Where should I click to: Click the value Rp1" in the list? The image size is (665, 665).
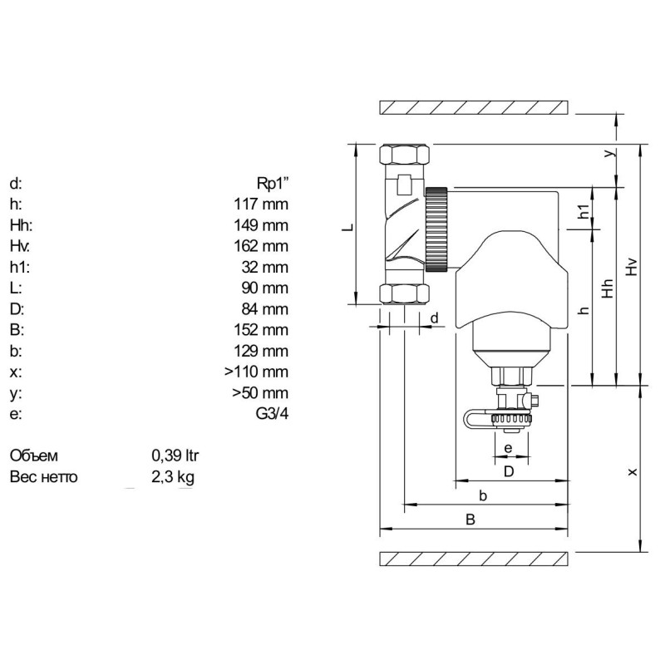pos(273,184)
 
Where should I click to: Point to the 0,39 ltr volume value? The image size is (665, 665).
pos(175,456)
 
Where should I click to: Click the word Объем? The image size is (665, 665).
pos(34,456)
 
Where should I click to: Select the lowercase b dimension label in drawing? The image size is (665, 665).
pos(482,495)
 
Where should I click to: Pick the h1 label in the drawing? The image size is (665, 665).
pos(584,213)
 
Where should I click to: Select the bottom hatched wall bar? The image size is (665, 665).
pos(474,559)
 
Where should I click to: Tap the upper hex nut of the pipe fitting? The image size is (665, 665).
pos(403,155)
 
